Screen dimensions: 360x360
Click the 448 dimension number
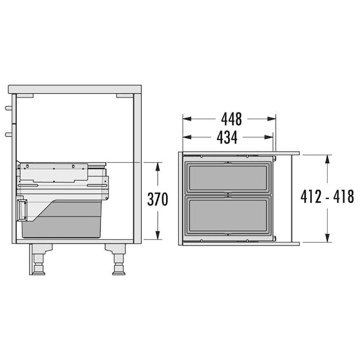(x=232, y=119)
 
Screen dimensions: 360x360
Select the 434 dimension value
(x=227, y=137)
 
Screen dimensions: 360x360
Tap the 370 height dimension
(x=157, y=199)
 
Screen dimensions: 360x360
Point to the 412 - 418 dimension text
(x=327, y=197)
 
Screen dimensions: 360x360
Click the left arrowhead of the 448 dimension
(x=187, y=119)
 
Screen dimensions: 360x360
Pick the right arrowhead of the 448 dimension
(x=271, y=119)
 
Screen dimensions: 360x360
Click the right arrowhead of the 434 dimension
(x=269, y=137)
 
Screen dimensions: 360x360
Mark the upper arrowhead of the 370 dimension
(x=157, y=166)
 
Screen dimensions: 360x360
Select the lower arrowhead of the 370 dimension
(x=157, y=235)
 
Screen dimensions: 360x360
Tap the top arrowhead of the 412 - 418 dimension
(x=328, y=159)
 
